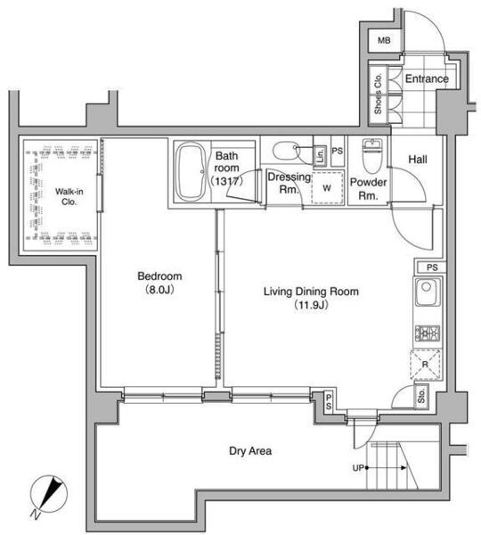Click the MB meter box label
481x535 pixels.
384,40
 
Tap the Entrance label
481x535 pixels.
427,78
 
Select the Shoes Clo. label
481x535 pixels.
378,93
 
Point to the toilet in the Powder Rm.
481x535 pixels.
372,155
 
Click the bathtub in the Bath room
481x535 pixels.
191,171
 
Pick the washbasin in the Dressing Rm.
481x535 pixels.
286,151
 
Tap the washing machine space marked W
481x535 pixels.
327,188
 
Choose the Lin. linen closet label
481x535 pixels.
321,155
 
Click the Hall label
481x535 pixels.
418,159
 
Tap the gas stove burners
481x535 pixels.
428,333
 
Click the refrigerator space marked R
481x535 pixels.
425,365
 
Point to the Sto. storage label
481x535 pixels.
421,396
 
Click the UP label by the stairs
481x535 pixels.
358,468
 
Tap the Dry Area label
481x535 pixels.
250,451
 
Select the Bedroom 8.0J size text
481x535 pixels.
159,290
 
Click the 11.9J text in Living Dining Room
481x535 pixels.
311,305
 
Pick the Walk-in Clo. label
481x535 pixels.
69,196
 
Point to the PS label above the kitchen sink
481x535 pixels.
432,267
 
